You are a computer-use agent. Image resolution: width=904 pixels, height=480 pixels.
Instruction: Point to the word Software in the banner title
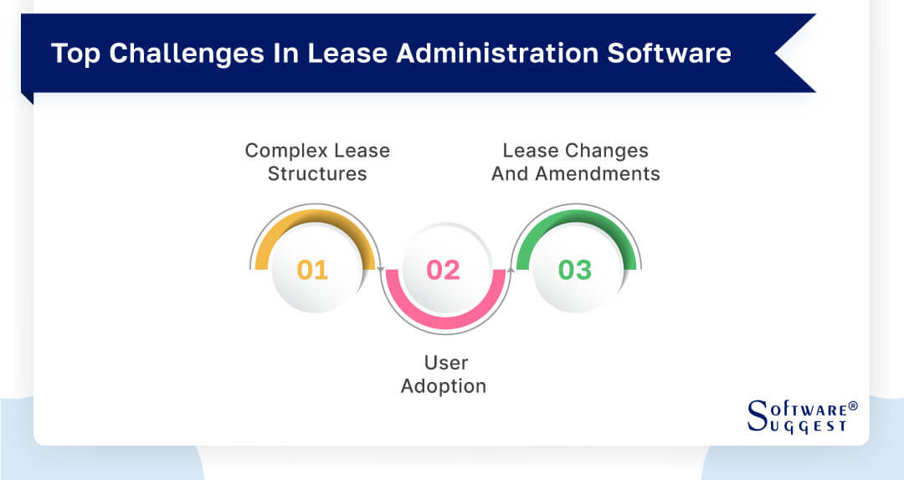(669, 53)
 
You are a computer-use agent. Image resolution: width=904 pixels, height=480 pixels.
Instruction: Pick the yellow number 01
(312, 270)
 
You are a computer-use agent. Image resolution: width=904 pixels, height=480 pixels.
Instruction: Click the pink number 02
(444, 270)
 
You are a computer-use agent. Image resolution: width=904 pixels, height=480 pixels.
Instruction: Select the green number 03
(575, 270)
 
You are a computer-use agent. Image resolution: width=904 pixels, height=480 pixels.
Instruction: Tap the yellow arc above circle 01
(312, 215)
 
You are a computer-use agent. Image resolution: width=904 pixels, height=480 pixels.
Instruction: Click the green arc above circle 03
(575, 215)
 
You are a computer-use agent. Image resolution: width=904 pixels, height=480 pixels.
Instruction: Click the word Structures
(317, 174)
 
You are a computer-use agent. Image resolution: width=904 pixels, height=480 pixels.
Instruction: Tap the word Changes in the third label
(607, 151)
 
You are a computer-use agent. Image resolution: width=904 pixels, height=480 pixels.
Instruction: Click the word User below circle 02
(444, 363)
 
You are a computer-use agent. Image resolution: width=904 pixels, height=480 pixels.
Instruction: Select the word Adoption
(444, 386)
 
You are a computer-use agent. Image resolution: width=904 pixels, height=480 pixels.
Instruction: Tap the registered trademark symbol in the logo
(853, 405)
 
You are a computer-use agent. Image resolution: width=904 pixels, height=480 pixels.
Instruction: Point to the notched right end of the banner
(791, 53)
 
